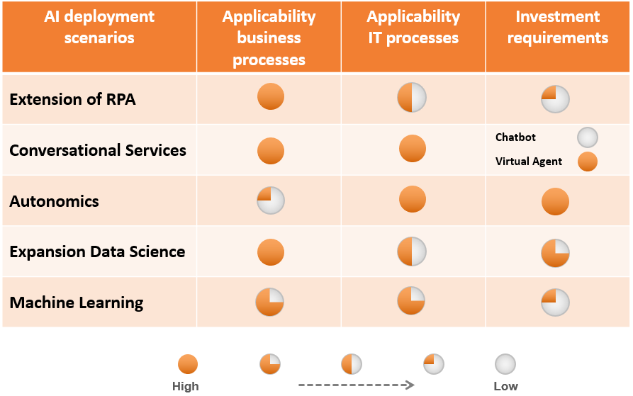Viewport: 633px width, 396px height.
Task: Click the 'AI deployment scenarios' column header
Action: (99, 27)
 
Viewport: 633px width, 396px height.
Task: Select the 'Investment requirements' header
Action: (558, 27)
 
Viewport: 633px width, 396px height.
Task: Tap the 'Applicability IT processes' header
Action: (413, 27)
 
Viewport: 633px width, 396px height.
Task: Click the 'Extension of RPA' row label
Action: (73, 99)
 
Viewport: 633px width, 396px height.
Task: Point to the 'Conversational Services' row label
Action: (98, 150)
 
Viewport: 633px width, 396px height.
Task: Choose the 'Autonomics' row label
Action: (54, 201)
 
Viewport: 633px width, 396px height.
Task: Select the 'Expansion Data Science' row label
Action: (97, 251)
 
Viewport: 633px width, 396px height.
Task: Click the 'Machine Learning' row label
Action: (77, 302)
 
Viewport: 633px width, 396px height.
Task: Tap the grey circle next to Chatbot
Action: (588, 137)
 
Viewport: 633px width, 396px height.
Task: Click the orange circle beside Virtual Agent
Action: (588, 162)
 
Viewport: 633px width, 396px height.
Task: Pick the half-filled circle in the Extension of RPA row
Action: (412, 98)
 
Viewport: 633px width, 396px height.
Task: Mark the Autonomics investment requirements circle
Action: (555, 201)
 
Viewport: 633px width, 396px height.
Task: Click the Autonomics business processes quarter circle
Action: (271, 200)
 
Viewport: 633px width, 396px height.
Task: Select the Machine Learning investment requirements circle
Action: (555, 302)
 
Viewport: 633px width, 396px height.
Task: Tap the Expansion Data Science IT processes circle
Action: (412, 251)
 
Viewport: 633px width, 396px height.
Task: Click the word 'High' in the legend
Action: (185, 386)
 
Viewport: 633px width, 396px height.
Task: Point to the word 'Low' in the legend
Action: (505, 386)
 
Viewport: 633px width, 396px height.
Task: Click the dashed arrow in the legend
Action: (357, 385)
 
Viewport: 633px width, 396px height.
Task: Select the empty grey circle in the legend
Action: (505, 364)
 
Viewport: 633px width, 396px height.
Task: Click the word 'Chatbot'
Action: (515, 137)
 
